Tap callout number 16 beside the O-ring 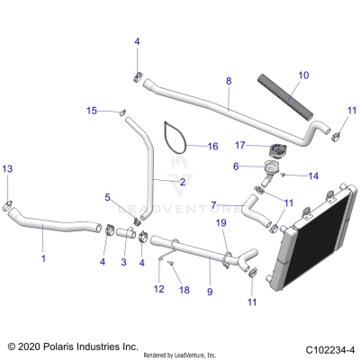(x=212, y=146)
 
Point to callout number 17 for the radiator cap (x=240, y=144)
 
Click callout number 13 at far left (x=7, y=169)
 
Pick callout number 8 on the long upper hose (x=228, y=81)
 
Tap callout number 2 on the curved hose (x=182, y=181)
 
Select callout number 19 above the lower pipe (x=220, y=222)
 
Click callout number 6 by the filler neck (x=236, y=166)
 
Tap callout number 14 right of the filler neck (x=312, y=175)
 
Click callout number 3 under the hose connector (x=123, y=262)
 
